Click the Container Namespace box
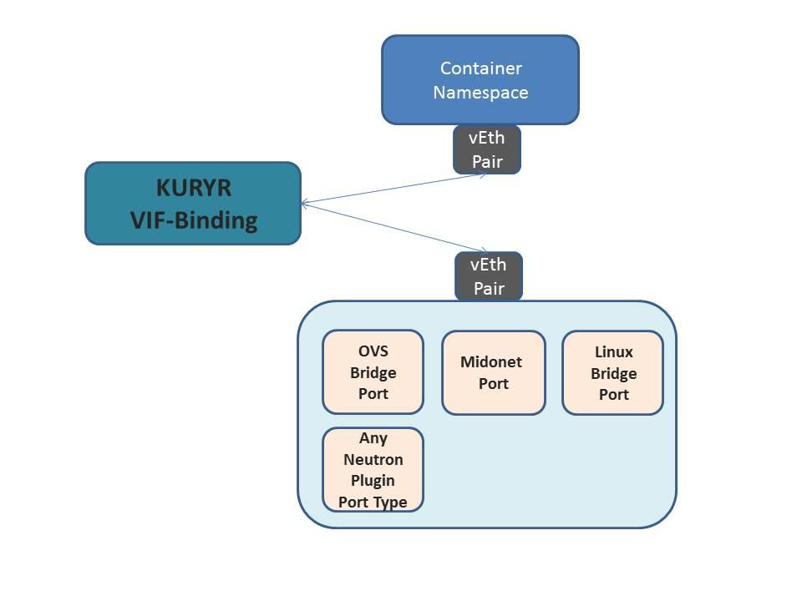click(480, 79)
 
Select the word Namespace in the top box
click(480, 92)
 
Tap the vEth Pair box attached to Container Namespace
click(487, 149)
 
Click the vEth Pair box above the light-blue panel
click(489, 276)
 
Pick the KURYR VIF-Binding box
click(193, 203)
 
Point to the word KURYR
click(193, 188)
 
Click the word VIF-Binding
click(193, 220)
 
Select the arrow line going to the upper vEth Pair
click(393, 189)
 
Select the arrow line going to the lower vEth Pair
click(393, 226)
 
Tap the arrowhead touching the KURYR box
click(304, 203)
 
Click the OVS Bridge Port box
click(373, 372)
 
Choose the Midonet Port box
click(493, 372)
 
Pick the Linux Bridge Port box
click(613, 372)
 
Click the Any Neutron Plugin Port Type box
click(373, 469)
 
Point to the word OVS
click(373, 351)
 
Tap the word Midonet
click(491, 362)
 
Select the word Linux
click(613, 351)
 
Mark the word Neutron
click(373, 459)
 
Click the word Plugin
click(373, 481)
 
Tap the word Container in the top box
click(480, 68)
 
